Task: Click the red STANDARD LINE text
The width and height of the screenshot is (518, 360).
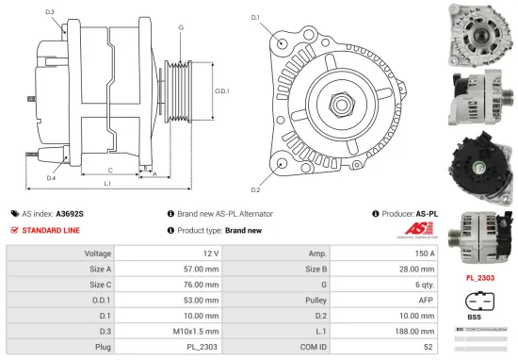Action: [x=51, y=230]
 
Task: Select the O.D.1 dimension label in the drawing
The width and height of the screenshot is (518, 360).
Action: [x=221, y=90]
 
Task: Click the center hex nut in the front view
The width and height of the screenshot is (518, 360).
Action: [x=336, y=99]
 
